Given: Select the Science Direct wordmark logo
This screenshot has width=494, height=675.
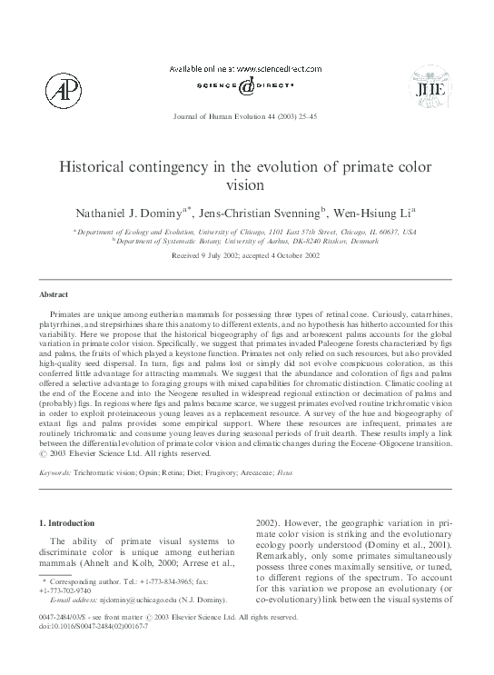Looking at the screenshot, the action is coord(246,86).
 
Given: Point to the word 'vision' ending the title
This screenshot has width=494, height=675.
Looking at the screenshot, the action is coord(247,188).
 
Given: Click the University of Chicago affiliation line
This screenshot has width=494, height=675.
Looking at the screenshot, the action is coord(247,233).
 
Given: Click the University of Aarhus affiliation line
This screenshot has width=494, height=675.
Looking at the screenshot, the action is coord(247,243).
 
